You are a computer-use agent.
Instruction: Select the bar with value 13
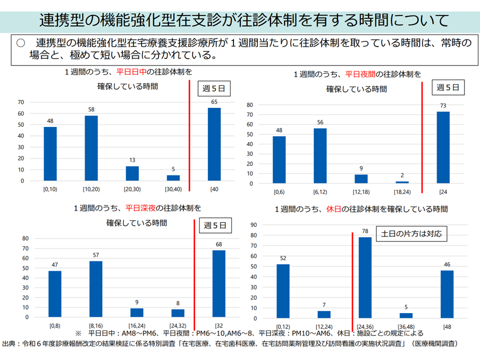pyautogui.click(x=132, y=173)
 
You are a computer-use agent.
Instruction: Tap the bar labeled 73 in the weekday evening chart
pyautogui.click(x=443, y=147)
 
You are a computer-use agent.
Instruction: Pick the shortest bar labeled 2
pyautogui.click(x=402, y=182)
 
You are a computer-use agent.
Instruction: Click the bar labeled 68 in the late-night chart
pyautogui.click(x=218, y=283)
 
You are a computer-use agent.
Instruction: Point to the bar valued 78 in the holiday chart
pyautogui.click(x=365, y=277)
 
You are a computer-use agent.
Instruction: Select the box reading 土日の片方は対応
pyautogui.click(x=411, y=233)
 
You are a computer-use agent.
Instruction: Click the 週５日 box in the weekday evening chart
pyautogui.click(x=447, y=87)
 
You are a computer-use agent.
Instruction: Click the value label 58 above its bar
pyautogui.click(x=91, y=109)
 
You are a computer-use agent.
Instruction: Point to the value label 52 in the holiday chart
pyautogui.click(x=283, y=258)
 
